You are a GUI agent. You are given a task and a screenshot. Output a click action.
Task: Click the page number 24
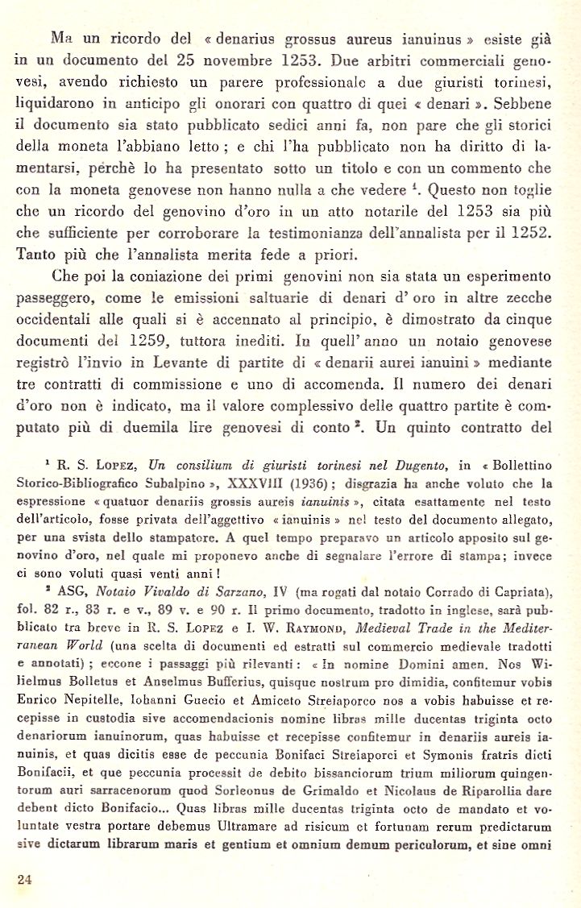tap(24, 880)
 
